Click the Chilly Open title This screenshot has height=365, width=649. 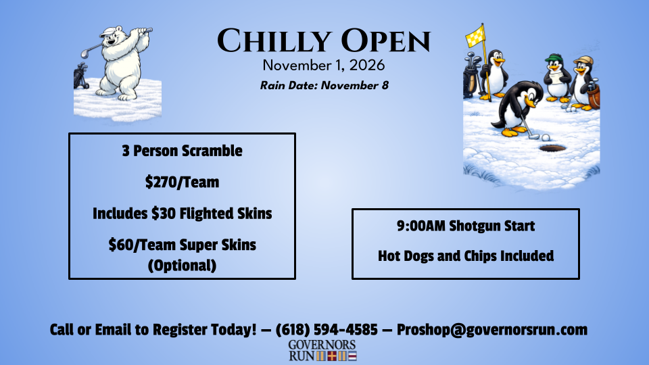point(324,41)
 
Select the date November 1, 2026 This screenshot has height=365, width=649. point(324,66)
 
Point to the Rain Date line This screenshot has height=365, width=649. point(324,85)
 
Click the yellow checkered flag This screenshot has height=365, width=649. point(475,36)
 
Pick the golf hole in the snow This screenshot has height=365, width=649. point(552,148)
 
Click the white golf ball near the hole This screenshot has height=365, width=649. point(546,138)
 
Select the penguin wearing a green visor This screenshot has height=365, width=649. point(556,78)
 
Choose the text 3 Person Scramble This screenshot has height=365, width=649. point(182,151)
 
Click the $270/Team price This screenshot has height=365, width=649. point(182,182)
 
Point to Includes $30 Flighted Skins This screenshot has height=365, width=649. point(182,213)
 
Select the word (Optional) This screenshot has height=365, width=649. point(182,265)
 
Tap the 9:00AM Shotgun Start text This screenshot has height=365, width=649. point(466,226)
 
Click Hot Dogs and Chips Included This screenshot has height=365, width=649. point(466,255)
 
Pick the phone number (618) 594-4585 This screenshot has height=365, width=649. point(327,330)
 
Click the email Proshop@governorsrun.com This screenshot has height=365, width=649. point(492,330)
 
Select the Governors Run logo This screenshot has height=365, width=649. point(322,350)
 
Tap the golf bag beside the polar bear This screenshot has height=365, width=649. point(81,76)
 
